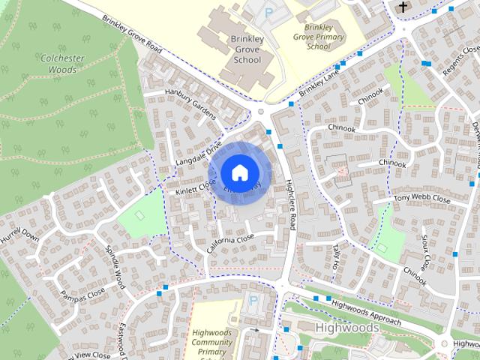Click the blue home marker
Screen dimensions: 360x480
[239, 172]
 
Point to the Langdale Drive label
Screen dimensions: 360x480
[199, 152]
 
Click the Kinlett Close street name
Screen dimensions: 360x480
[195, 187]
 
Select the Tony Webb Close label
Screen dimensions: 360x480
[421, 200]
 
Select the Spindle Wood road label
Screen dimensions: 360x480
[114, 265]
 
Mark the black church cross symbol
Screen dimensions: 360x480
[403, 7]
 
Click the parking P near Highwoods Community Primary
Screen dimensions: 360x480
[253, 301]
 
